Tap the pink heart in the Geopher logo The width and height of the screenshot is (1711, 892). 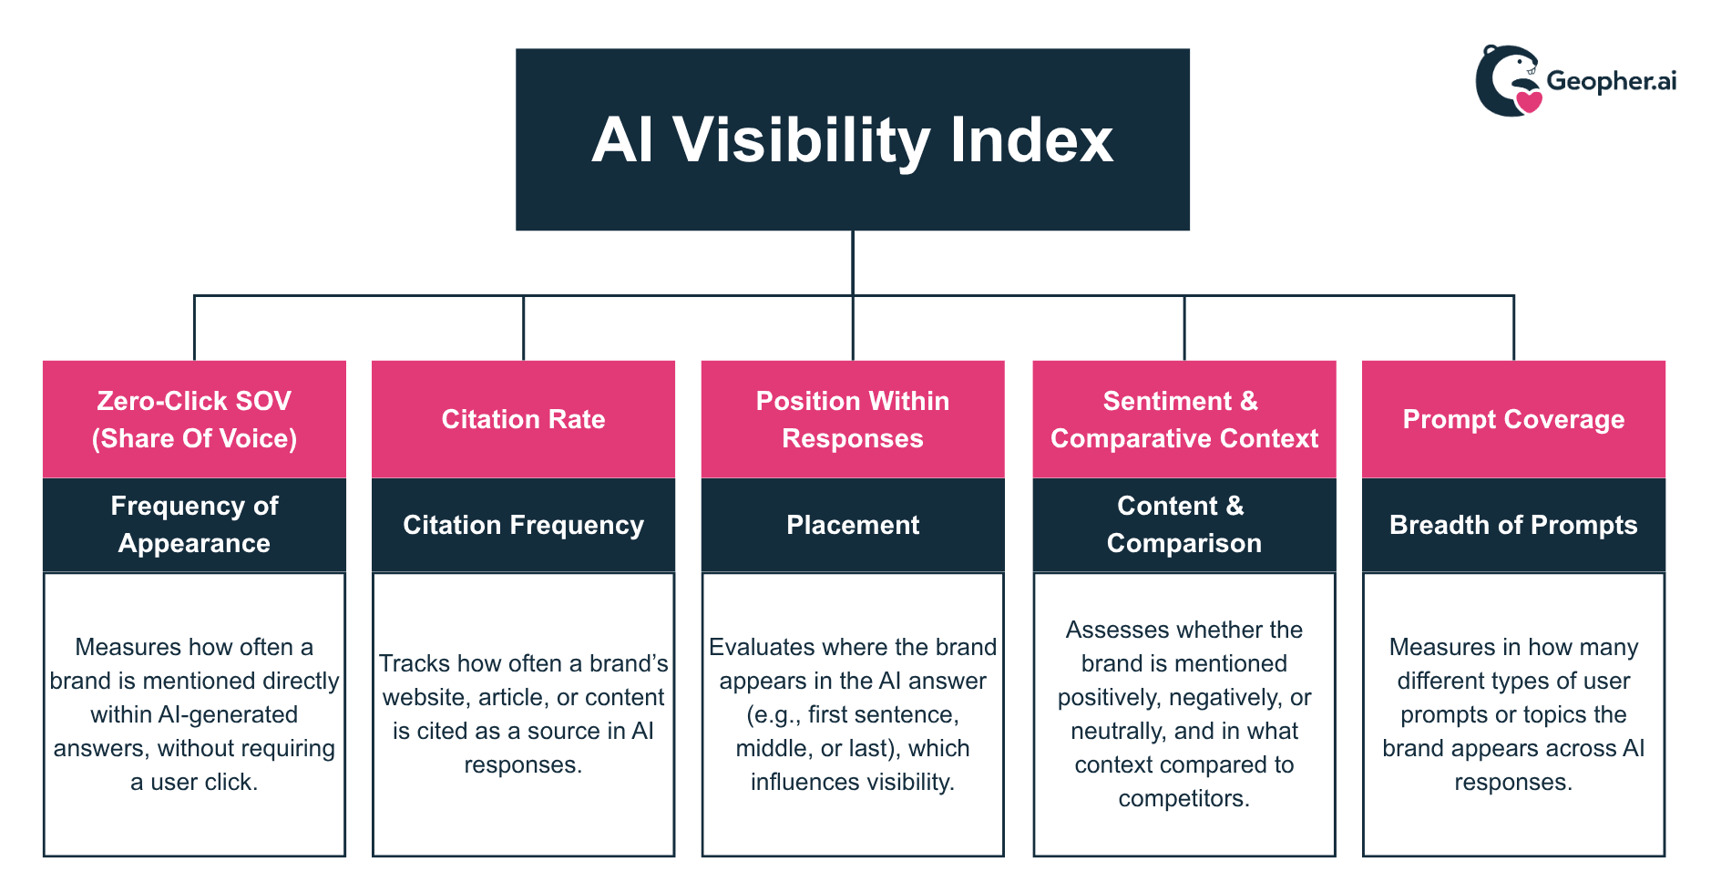point(1528,101)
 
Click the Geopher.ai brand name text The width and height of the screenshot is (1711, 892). point(1611,81)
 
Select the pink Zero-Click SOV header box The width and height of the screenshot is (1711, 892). point(194,419)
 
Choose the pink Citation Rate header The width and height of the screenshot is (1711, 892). point(523,419)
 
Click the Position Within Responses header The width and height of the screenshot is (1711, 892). point(852,419)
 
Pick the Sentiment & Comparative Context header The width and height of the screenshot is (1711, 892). point(1183,419)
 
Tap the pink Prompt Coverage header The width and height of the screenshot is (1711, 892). point(1512,419)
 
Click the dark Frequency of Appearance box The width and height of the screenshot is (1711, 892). point(194,525)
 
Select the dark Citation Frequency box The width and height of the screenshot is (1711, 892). point(523,525)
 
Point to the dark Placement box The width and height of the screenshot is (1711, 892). point(852,525)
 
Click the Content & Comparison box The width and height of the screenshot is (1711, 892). point(1183,525)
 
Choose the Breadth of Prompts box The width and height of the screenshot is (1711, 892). point(1512,525)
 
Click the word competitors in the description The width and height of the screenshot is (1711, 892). point(1183,799)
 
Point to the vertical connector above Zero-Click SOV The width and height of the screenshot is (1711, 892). point(194,328)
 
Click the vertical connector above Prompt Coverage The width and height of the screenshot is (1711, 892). point(1513,328)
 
